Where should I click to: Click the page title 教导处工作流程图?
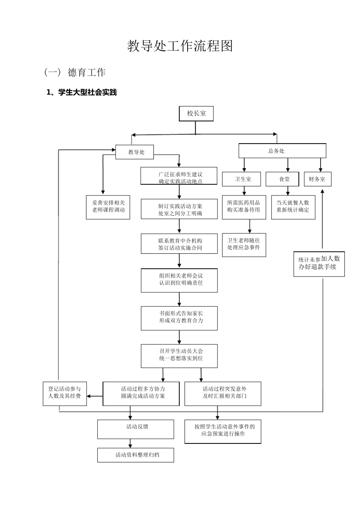pos(180,46)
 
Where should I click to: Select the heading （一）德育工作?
pos(75,72)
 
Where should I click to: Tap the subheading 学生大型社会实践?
pos(81,92)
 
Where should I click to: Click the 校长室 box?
pos(196,114)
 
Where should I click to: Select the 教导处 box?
pos(136,152)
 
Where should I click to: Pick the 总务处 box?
pos(282,151)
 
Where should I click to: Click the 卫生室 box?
pos(241,179)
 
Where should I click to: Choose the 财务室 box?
pos(317,179)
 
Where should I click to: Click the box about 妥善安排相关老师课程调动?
pos(108,207)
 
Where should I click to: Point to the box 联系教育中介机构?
pos(179,244)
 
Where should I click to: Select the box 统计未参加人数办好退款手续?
pos(319,264)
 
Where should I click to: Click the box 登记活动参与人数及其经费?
pos(64,393)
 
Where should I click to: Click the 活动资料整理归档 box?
pos(136,455)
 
